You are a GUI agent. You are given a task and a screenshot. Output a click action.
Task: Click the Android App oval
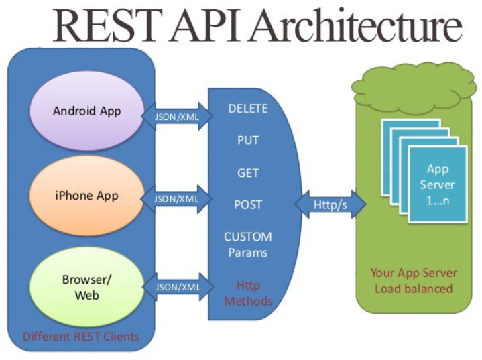click(87, 111)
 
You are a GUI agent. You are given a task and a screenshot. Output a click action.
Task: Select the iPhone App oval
click(87, 196)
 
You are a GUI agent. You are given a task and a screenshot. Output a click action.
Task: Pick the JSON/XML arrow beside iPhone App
click(177, 199)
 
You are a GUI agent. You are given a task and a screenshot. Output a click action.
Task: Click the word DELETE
click(248, 109)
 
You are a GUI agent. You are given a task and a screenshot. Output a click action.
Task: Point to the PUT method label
click(248, 141)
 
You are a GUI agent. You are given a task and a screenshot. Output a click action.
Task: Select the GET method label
click(248, 172)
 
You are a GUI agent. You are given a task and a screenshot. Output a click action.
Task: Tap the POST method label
click(248, 204)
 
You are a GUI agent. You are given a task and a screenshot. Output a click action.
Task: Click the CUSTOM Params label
click(248, 244)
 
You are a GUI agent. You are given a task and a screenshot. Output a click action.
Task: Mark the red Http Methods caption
click(248, 293)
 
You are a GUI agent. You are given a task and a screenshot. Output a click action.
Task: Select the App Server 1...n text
click(438, 184)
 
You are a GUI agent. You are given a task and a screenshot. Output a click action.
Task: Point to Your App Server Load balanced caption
click(414, 280)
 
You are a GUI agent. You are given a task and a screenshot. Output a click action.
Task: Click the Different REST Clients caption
click(81, 336)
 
